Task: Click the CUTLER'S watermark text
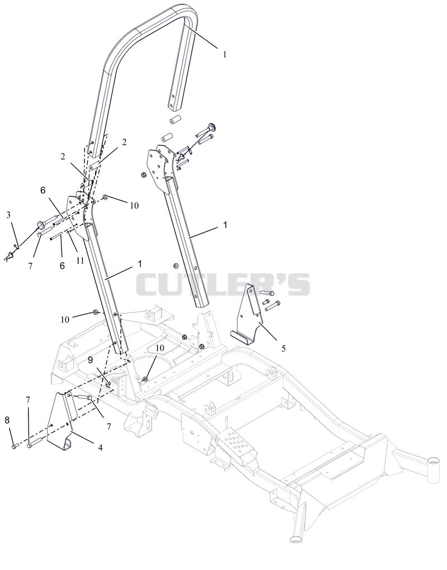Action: pyautogui.click(x=223, y=284)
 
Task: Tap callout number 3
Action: pyautogui.click(x=9, y=215)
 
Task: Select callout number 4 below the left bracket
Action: pyautogui.click(x=99, y=447)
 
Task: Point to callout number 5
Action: pyautogui.click(x=284, y=348)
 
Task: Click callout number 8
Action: pyautogui.click(x=7, y=421)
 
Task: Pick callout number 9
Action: pyautogui.click(x=91, y=360)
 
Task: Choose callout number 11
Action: pyautogui.click(x=80, y=260)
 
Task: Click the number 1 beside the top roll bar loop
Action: pyautogui.click(x=225, y=54)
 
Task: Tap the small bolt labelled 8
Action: pyautogui.click(x=14, y=446)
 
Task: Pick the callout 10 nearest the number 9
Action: pyautogui.click(x=160, y=348)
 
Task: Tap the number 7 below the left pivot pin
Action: pyautogui.click(x=30, y=266)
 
